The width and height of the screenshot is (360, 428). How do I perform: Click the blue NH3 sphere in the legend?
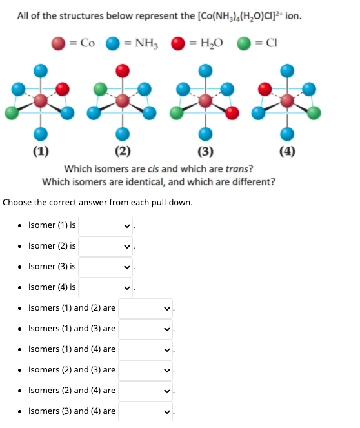(114, 43)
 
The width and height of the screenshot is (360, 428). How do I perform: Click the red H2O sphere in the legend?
(178, 43)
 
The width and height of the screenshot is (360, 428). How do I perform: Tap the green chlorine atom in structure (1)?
(12, 112)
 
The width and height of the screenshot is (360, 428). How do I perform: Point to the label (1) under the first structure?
(39, 152)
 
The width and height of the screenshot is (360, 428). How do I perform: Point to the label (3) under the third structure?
(205, 152)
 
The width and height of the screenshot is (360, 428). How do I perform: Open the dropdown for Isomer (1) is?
(106, 225)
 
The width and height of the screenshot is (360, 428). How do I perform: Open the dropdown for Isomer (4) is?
(106, 287)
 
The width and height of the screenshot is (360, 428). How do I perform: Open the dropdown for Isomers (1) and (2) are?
(145, 308)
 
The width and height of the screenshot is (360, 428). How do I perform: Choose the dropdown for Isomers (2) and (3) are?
(145, 370)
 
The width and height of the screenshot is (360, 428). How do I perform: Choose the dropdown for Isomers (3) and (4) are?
(145, 411)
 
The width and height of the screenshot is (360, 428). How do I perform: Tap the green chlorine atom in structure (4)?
(314, 112)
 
